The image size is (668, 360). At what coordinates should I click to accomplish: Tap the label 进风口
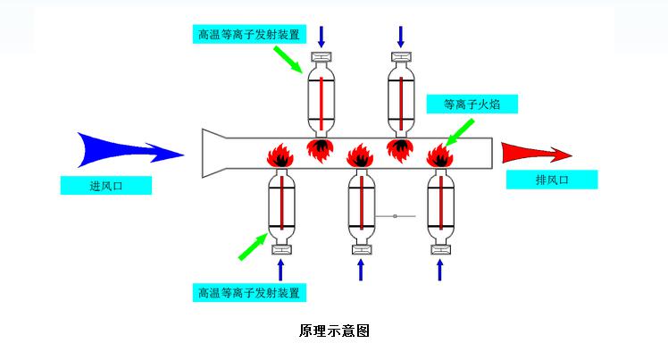click(105, 186)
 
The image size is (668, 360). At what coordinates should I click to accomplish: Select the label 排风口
click(551, 180)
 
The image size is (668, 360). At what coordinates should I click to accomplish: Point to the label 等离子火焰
click(472, 105)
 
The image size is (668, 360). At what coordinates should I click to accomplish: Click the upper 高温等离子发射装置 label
click(250, 35)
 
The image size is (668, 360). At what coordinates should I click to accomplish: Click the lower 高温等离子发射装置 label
click(250, 292)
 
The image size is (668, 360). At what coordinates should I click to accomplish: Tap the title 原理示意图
click(333, 331)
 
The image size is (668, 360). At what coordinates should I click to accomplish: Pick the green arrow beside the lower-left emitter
click(253, 244)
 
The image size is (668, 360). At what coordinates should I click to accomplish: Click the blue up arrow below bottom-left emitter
click(281, 269)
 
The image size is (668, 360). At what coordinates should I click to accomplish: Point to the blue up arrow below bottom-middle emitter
click(361, 269)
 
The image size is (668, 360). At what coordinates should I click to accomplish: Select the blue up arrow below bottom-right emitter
click(439, 269)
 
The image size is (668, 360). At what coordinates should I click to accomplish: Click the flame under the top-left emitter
click(320, 148)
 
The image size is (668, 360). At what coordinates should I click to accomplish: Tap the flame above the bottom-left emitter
click(281, 157)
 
